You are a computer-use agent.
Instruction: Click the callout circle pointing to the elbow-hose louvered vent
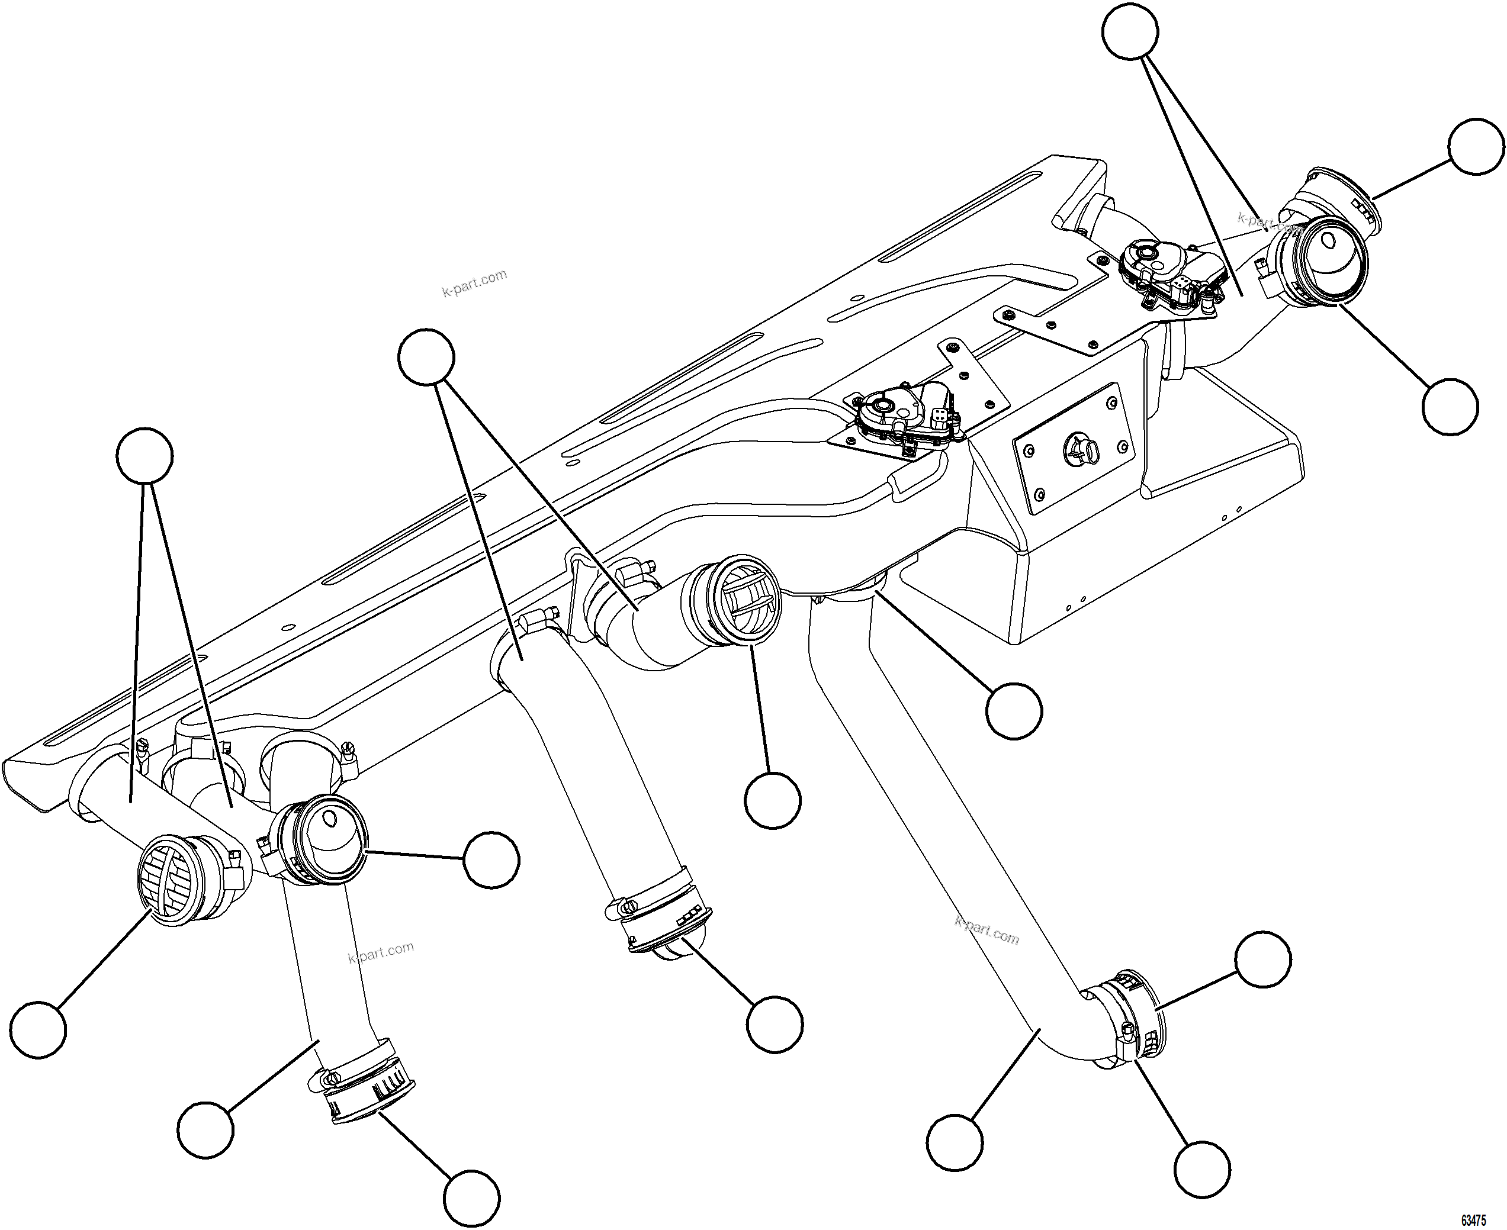pyautogui.click(x=773, y=800)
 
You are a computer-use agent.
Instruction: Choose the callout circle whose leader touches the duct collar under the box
pyautogui.click(x=1014, y=711)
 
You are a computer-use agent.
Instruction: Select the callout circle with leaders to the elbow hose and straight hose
pyautogui.click(x=426, y=356)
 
